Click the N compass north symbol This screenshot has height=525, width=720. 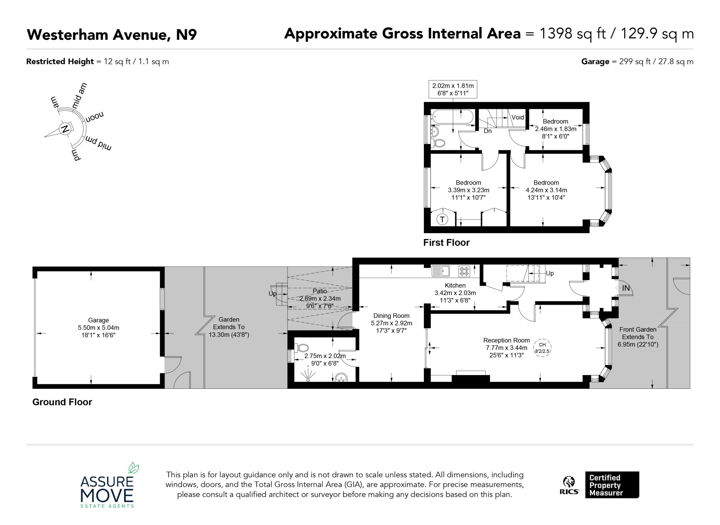click(x=65, y=129)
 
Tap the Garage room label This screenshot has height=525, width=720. click(x=98, y=320)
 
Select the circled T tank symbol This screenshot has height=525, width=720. click(x=442, y=219)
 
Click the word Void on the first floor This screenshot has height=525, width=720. click(x=517, y=117)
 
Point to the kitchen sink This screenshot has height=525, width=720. click(x=441, y=271)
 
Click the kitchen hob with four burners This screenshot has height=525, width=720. click(x=464, y=271)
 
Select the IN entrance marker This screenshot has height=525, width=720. click(x=626, y=288)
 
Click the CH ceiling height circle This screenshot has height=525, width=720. click(x=543, y=348)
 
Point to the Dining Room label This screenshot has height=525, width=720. click(x=391, y=316)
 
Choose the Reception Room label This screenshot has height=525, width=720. click(x=506, y=340)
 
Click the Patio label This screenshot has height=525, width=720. click(x=320, y=291)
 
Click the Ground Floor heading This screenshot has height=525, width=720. click(x=62, y=402)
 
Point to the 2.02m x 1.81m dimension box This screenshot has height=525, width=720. click(x=453, y=89)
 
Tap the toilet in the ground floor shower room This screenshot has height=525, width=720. click(x=301, y=348)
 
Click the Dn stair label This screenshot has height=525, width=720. click(x=488, y=131)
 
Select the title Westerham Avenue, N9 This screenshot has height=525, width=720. click(x=112, y=35)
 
